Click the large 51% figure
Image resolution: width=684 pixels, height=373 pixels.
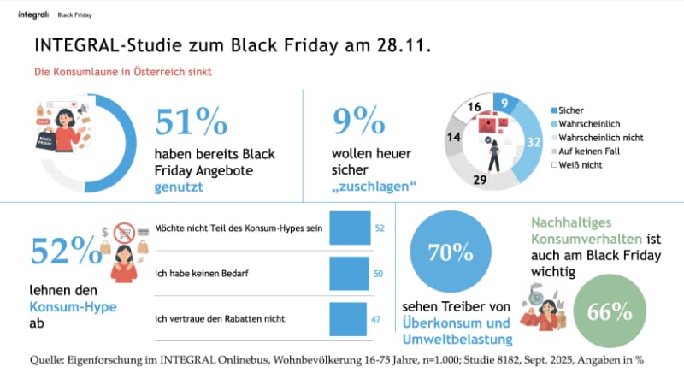pos(191,121)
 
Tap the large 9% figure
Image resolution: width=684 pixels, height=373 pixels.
pos(360,121)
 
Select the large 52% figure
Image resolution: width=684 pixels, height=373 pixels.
pos(65,252)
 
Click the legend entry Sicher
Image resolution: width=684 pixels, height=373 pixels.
pos(569,110)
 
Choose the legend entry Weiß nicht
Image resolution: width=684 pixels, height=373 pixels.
pos(582,163)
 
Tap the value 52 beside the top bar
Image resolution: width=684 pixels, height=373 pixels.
pos(380,228)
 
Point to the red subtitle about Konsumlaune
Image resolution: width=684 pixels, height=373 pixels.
pos(122,72)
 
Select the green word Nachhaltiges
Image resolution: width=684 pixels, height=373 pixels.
pos(570,222)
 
